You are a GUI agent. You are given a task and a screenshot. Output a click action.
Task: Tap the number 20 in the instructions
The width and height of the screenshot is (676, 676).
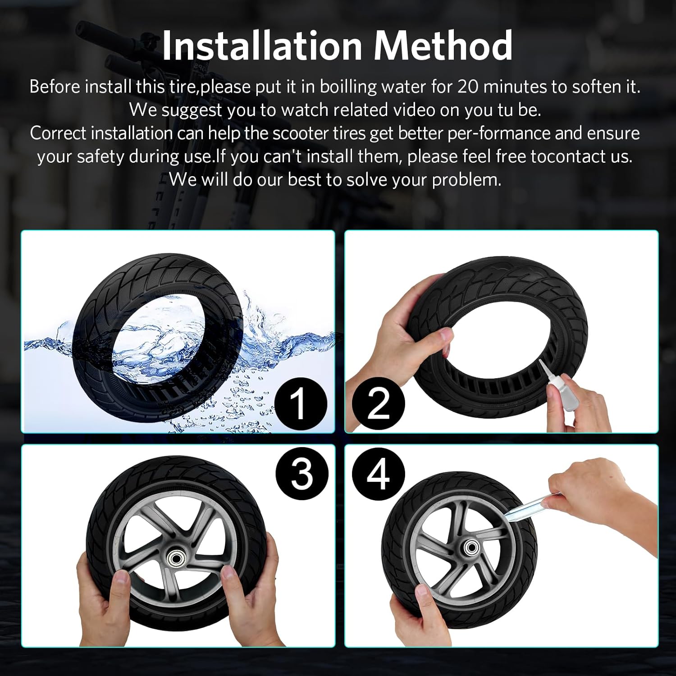click(x=470, y=86)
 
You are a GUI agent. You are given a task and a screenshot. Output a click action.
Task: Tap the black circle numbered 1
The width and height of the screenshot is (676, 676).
click(x=300, y=403)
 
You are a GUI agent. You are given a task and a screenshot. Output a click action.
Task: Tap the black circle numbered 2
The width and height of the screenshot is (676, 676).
click(x=379, y=403)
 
